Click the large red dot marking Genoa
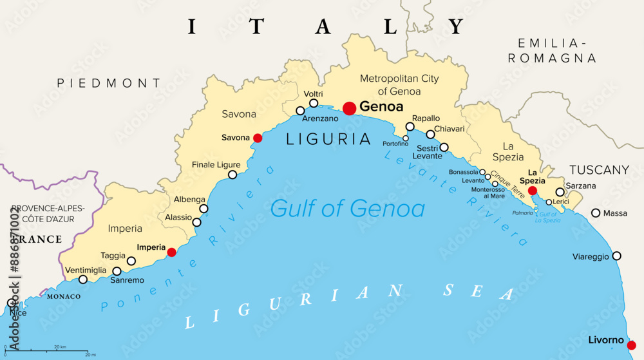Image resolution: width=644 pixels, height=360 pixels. click(349, 108)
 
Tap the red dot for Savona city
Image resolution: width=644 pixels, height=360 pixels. click(258, 138)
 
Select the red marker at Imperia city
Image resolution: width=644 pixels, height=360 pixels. click(171, 252)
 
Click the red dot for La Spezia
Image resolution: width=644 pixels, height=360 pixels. click(533, 191)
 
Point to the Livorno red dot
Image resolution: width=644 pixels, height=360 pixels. click(631, 345)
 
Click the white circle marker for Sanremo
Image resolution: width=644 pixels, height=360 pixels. click(117, 271)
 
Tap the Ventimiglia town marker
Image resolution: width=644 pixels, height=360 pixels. click(82, 279)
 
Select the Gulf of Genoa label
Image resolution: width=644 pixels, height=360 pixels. click(347, 209)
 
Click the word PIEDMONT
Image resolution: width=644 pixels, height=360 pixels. click(109, 83)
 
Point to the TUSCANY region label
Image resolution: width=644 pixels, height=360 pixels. click(599, 170)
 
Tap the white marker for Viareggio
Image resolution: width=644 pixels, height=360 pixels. click(616, 256)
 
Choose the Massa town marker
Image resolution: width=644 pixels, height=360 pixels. click(596, 213)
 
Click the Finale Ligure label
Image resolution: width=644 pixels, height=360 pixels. click(216, 165)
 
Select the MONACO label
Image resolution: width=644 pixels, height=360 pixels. click(64, 296)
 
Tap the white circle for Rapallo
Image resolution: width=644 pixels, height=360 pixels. click(410, 127)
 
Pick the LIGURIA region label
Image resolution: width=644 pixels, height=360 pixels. click(328, 138)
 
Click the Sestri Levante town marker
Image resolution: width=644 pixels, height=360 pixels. click(444, 147)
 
